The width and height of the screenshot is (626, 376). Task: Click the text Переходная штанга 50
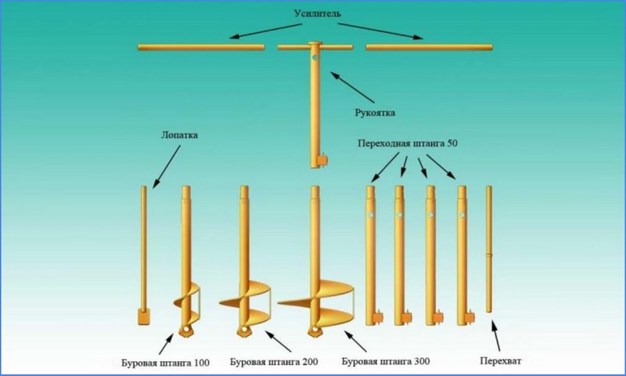[x=408, y=143]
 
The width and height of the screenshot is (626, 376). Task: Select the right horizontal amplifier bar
[x=430, y=48]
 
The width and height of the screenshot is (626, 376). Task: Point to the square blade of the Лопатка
[x=143, y=317]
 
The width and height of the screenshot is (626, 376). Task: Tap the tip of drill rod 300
[x=314, y=330]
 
